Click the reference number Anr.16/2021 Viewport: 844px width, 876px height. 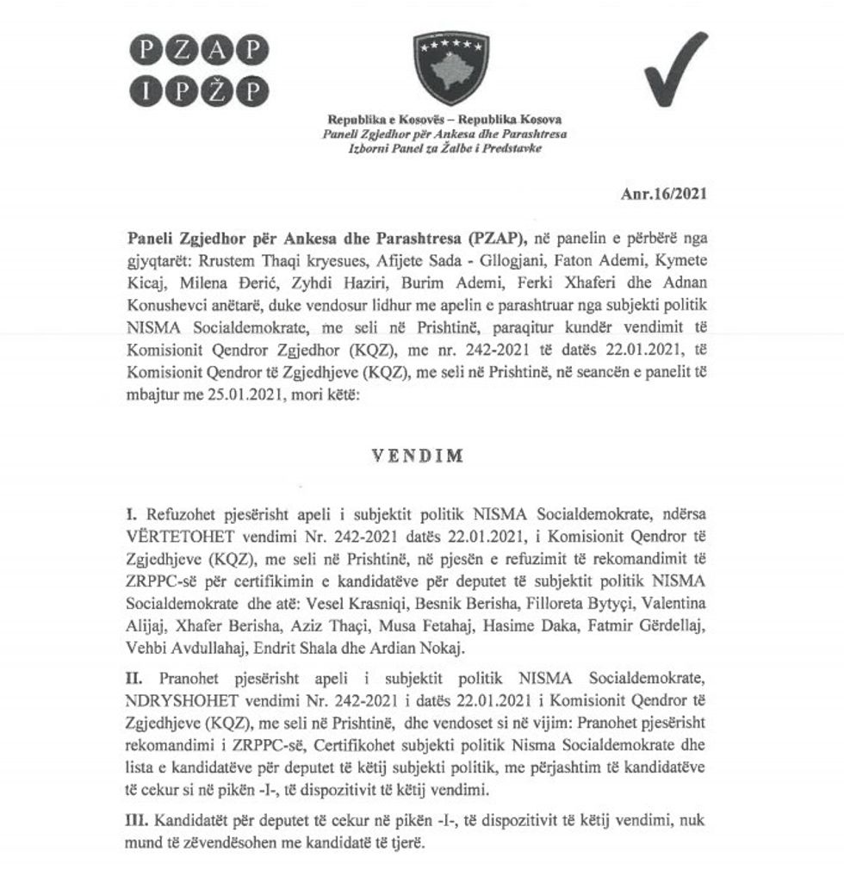[x=663, y=195]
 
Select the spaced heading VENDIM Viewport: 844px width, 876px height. [x=419, y=457]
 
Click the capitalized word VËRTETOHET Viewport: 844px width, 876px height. [x=176, y=534]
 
